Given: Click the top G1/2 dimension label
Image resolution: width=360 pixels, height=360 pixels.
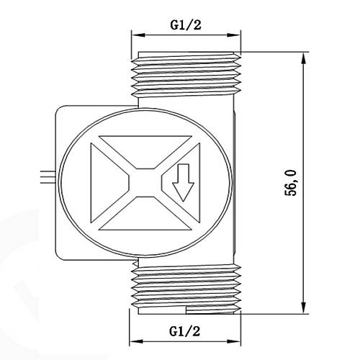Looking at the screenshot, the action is point(186,24).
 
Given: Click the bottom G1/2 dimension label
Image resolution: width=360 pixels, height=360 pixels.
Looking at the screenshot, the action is point(184,331).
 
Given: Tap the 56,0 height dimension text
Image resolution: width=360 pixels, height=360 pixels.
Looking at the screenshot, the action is point(291,183).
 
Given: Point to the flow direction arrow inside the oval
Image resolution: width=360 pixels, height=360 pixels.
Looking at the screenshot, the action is point(183,183).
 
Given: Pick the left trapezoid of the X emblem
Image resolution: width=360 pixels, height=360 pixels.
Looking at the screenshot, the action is point(108,183).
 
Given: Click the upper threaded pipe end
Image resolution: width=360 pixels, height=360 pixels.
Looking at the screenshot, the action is point(186,74).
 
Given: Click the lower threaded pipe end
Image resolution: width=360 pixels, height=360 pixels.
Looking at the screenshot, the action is point(186,289).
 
